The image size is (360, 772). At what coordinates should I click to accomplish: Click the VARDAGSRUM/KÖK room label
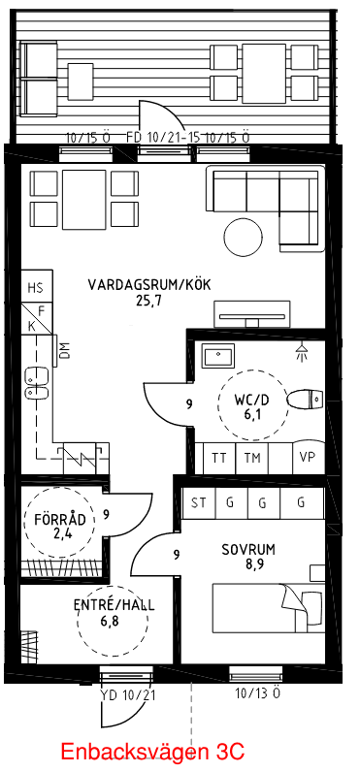[x=148, y=285]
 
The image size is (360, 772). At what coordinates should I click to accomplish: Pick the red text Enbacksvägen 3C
[x=152, y=752]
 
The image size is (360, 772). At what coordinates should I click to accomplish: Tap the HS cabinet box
[x=36, y=288]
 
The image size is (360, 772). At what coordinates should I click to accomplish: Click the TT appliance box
[x=219, y=458]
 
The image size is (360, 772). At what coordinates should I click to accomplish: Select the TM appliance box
[x=252, y=458]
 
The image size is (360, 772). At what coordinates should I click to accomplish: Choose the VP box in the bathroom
[x=308, y=458]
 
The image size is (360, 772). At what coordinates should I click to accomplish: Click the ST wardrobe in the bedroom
[x=199, y=502]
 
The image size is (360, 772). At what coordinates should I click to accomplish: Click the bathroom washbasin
[x=217, y=357]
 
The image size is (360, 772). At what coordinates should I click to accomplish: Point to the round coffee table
[x=244, y=235]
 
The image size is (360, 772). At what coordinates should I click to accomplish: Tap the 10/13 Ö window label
[x=257, y=693]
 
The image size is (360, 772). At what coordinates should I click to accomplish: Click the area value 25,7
[x=148, y=301]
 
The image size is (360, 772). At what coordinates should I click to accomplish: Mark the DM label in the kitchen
[x=66, y=352]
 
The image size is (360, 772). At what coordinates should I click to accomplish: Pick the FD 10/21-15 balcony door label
[x=163, y=138]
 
